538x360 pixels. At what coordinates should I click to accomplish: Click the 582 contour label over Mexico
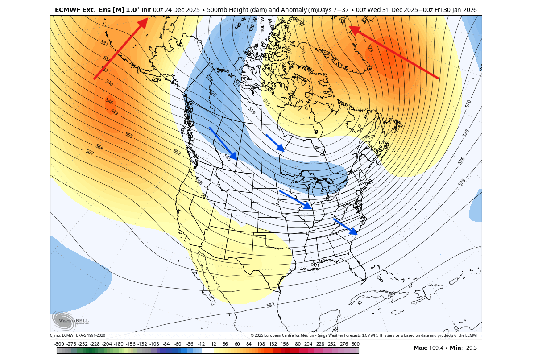tap(270, 306)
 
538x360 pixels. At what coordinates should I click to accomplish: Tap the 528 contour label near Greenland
tap(370, 48)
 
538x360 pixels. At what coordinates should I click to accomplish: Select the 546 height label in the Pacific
tap(109, 101)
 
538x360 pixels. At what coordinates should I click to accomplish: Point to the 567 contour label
tap(90, 152)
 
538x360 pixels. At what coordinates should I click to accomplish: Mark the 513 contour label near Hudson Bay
tap(266, 102)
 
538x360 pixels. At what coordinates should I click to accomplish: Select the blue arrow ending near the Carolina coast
tap(346, 226)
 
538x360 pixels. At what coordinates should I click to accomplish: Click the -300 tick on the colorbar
tap(59, 344)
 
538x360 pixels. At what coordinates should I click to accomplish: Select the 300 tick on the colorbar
tap(355, 344)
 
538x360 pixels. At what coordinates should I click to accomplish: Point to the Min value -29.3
tap(469, 348)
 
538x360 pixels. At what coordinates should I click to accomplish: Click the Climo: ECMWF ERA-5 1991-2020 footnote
tap(78, 335)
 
